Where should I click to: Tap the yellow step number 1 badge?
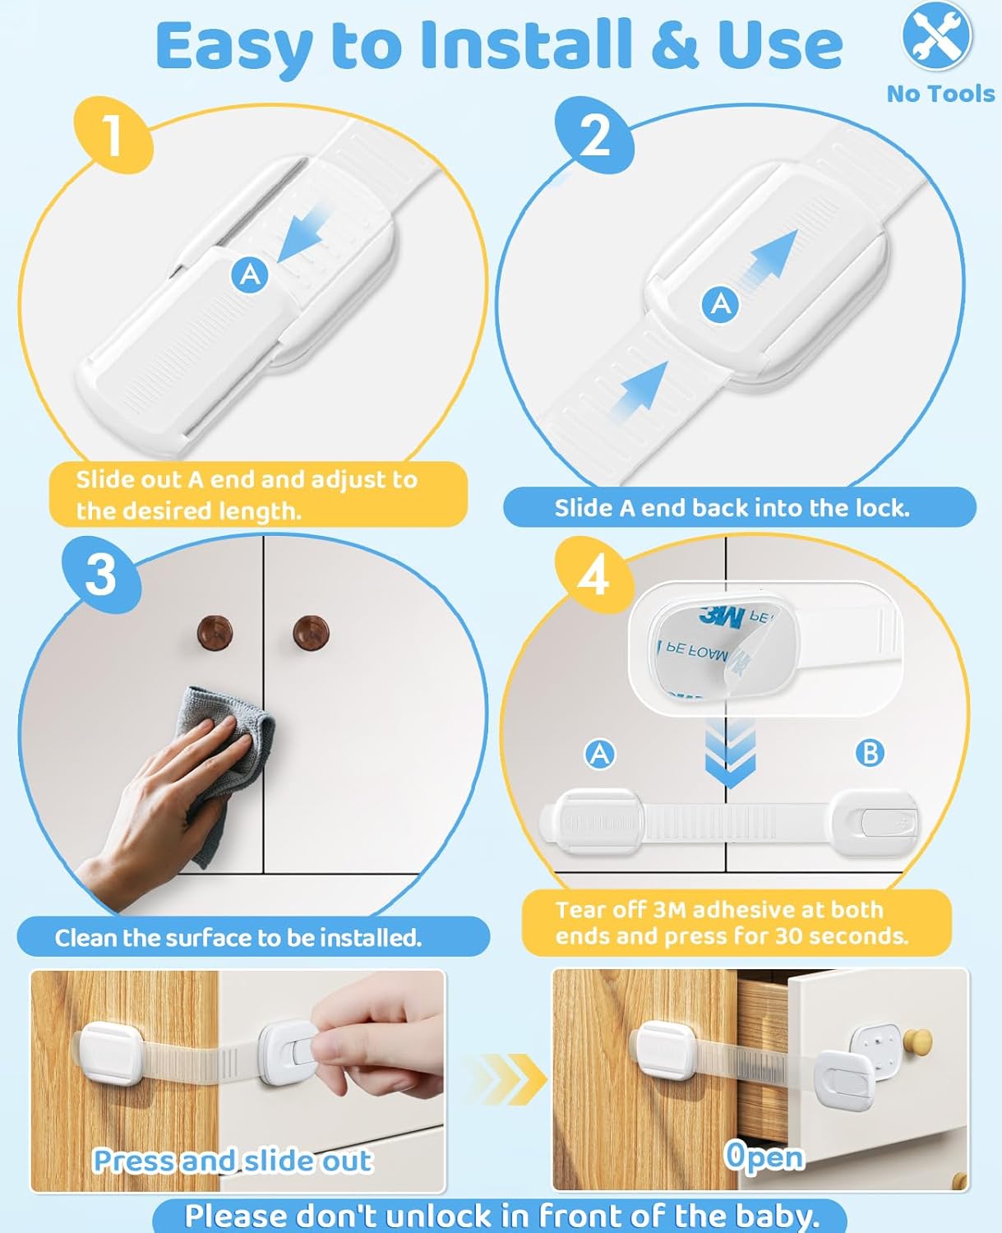[113, 135]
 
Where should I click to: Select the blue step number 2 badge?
[594, 135]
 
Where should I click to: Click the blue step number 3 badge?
[101, 574]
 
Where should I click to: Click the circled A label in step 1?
[251, 274]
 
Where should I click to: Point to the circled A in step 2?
[721, 304]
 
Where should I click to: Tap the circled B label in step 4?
[870, 752]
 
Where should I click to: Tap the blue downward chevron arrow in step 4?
[730, 752]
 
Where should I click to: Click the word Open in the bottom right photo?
[764, 1156]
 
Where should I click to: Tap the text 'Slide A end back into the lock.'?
[732, 508]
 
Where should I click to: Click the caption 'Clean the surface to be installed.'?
[238, 938]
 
